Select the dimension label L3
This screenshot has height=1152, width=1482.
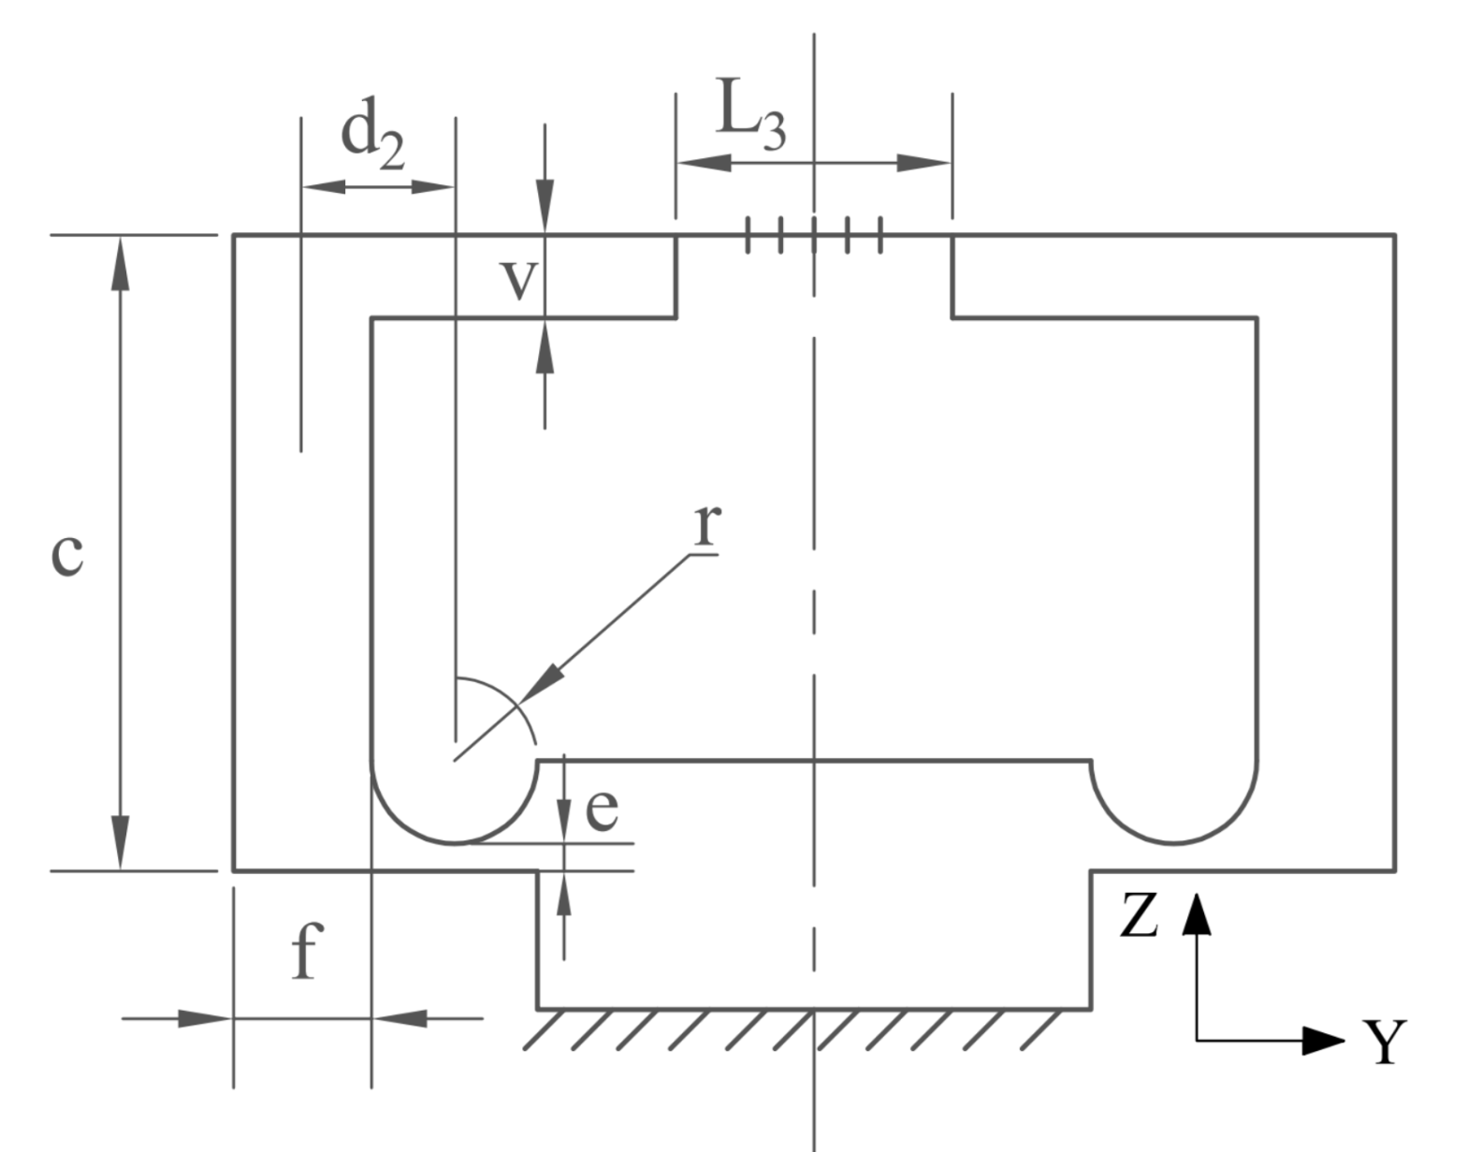750,119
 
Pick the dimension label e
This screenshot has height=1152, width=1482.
602,809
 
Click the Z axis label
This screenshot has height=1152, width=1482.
1140,915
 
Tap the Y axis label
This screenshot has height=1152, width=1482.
1383,1043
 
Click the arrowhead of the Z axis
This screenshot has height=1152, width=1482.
1197,912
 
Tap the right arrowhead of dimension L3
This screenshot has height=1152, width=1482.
925,163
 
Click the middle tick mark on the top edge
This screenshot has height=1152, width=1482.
814,235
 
